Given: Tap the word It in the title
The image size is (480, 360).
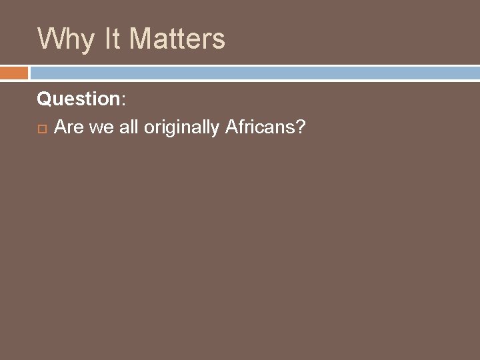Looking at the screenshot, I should pos(113,39).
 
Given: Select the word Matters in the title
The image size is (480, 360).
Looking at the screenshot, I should pos(177,39).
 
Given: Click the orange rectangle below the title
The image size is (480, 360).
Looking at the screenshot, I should pos(14,72).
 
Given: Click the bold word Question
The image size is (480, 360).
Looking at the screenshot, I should pos(78,99).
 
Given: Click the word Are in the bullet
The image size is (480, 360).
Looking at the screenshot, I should pos(69,127).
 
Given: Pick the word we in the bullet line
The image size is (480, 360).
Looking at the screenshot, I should pos(101,127).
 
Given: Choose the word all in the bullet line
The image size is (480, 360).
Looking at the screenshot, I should pos(129,127).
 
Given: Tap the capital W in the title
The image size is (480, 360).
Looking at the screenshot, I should pos(51,39).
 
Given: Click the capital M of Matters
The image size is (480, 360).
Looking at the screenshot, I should pos(141,39).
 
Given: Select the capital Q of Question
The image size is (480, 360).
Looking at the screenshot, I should pos(44,99).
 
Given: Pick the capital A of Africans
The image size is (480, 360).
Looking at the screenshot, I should pos(231,127).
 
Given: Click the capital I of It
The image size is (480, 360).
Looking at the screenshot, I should pos(108,39).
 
